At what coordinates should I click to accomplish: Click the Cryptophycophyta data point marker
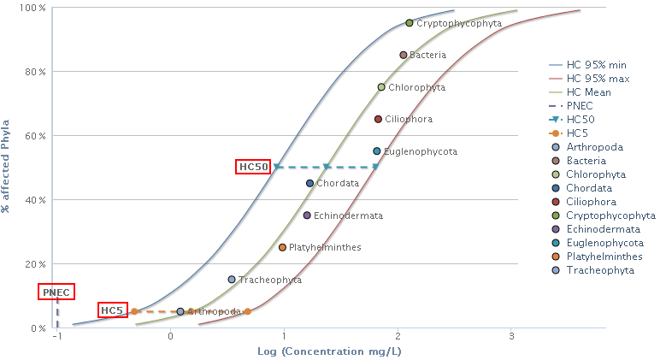point(410,23)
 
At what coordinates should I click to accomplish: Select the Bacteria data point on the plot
point(404,55)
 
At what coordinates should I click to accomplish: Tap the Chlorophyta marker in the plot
point(381,87)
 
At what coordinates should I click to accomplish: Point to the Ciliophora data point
point(378,119)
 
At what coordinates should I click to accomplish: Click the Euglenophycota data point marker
point(376,151)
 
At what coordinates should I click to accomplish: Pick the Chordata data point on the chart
point(309,183)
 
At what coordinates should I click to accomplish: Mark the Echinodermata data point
point(307,215)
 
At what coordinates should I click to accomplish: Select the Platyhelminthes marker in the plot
point(282,247)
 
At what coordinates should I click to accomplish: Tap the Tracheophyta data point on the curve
point(232,280)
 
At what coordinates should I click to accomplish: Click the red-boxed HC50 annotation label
point(254,167)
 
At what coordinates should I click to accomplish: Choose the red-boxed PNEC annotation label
point(56,292)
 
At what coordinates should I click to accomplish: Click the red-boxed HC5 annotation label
point(112,310)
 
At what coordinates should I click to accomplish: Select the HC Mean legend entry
point(589,92)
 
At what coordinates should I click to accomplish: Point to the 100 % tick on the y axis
point(32,8)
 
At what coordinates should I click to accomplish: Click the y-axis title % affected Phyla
point(7,166)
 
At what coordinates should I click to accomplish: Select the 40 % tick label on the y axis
point(35,200)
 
